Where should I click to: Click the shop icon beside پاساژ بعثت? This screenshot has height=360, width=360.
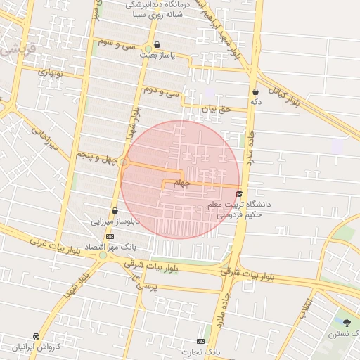coord(157,44)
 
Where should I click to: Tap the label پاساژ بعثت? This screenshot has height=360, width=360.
coord(157,54)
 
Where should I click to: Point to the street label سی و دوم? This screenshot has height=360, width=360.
coord(162,91)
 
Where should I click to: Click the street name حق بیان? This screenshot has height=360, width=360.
coord(217,108)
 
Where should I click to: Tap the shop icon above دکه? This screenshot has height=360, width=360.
coord(255,91)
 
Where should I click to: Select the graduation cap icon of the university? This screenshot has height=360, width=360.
coord(239,193)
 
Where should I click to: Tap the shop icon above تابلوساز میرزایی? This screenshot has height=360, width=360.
coord(115,210)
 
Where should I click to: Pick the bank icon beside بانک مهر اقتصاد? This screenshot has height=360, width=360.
coord(110,237)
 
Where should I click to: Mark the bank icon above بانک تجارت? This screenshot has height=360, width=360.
coord(201,341)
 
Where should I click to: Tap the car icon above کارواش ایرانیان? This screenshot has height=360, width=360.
coord(36,337)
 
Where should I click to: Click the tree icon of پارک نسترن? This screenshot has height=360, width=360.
coord(347,323)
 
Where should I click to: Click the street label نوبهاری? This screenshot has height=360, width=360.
coord(50,72)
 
